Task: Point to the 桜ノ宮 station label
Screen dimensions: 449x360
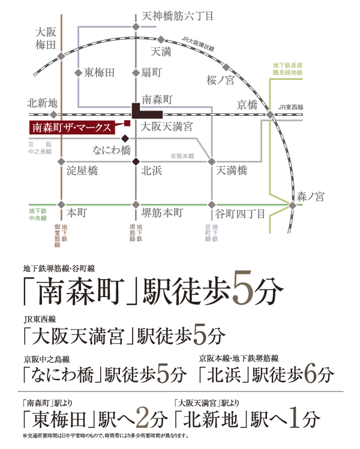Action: pos(220,80)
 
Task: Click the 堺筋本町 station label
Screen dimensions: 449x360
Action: pos(162,213)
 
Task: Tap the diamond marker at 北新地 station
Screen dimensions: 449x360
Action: pos(53,114)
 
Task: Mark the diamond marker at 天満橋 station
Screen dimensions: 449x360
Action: pos(212,161)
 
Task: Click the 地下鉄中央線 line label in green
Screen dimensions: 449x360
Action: pos(37,214)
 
